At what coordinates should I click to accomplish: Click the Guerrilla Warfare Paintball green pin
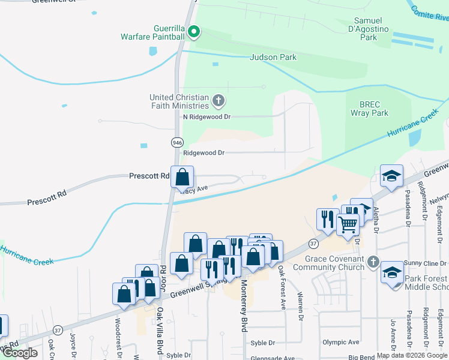pyautogui.click(x=194, y=31)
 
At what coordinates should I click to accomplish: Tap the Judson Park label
pyautogui.click(x=274, y=58)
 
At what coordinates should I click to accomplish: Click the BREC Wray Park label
pyautogui.click(x=370, y=108)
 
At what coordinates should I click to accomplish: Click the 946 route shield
pyautogui.click(x=177, y=143)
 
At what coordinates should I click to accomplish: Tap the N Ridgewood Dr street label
pyautogui.click(x=207, y=116)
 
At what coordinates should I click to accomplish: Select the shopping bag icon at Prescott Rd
pyautogui.click(x=182, y=177)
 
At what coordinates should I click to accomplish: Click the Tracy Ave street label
pyautogui.click(x=194, y=188)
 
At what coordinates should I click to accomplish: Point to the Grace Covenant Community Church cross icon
pyautogui.click(x=373, y=262)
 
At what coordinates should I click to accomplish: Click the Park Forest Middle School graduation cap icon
pyautogui.click(x=392, y=271)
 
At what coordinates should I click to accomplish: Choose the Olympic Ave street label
pyautogui.click(x=339, y=342)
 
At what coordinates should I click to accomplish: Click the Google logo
pyautogui.click(x=20, y=353)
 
